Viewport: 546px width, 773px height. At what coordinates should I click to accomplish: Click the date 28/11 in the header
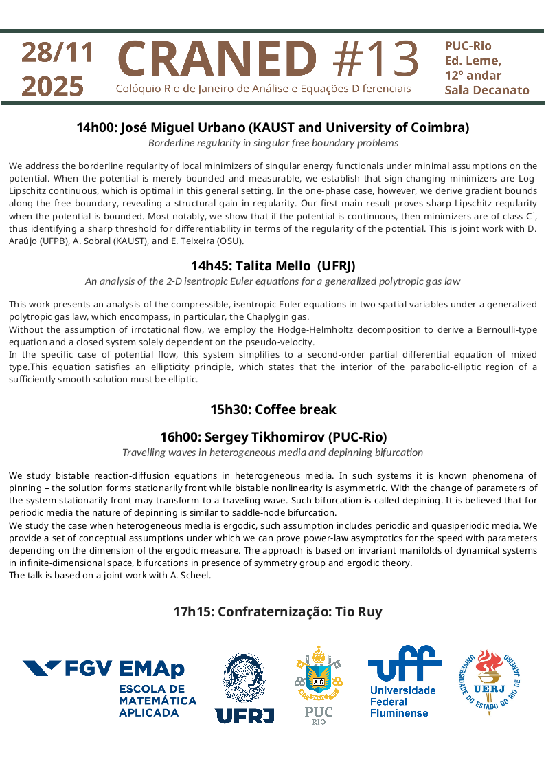[x=56, y=53]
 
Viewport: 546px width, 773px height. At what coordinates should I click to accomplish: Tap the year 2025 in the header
[x=52, y=86]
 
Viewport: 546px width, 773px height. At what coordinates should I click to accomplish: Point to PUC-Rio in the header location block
[x=468, y=46]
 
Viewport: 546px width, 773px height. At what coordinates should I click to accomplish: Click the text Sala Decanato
[x=486, y=90]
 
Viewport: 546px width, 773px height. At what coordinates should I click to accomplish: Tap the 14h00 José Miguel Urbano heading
[x=273, y=127]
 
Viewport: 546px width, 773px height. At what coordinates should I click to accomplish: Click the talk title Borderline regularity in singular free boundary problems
[x=273, y=143]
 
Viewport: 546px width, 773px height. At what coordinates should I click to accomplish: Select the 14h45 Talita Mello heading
[x=273, y=265]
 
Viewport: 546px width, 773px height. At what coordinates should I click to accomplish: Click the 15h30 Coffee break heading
[x=273, y=409]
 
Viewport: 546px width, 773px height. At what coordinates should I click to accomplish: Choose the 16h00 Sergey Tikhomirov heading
[x=273, y=437]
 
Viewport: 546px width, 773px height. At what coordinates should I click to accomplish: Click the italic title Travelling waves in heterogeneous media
[x=273, y=453]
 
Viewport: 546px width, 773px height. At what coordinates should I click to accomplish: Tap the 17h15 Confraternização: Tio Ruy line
[x=277, y=611]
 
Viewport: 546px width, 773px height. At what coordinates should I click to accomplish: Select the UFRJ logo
[x=244, y=688]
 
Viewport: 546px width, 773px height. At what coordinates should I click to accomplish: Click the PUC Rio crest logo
[x=319, y=685]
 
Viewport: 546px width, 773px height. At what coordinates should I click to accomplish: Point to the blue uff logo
[x=403, y=681]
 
